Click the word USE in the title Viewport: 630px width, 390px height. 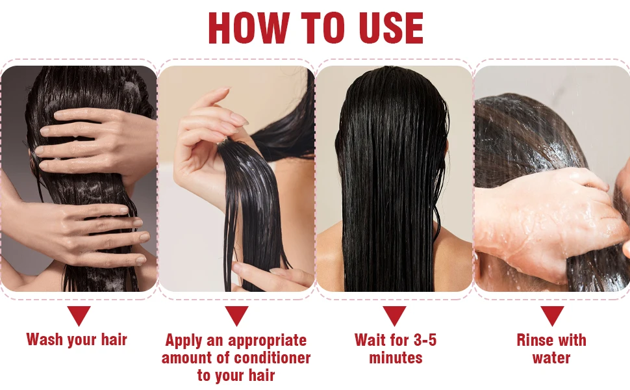[391, 28]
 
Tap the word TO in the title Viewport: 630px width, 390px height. [323, 28]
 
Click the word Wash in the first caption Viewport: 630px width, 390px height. [45, 339]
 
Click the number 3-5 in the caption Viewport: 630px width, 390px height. [424, 340]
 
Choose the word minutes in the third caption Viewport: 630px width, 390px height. [396, 357]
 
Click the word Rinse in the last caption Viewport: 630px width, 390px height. [534, 340]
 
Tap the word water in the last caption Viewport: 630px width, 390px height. [551, 357]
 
